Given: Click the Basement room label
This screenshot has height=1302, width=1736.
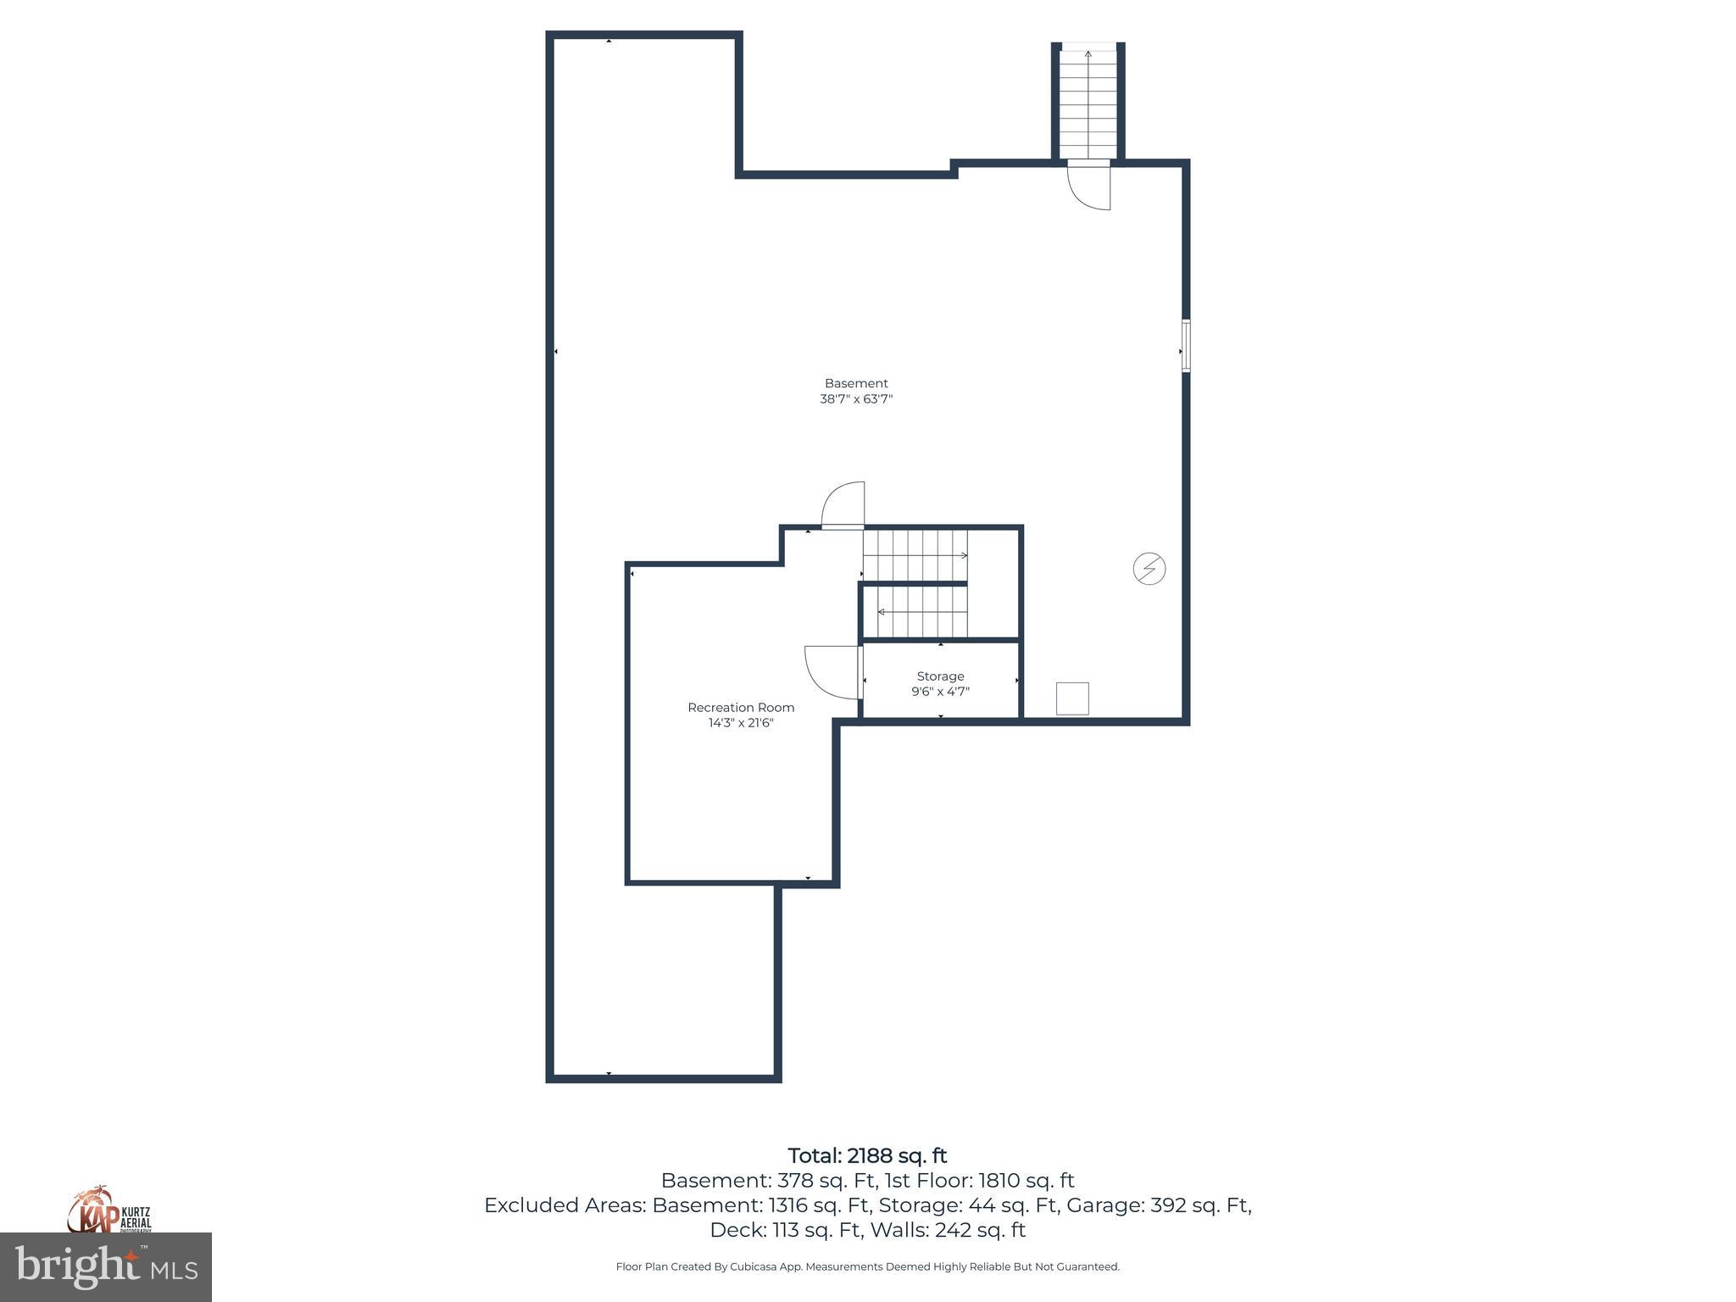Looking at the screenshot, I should coord(856,383).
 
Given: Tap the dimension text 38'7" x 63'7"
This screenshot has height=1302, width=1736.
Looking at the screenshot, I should coord(856,399).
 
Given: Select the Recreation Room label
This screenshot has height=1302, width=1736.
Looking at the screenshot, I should coord(741,707).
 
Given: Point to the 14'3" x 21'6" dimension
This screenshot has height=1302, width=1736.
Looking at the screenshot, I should coord(741,723).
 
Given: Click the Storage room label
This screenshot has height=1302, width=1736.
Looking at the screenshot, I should coord(940,676).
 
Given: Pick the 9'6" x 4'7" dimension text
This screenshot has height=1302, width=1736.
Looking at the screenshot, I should coord(940,692).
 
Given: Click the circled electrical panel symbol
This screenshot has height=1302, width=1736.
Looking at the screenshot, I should coord(1149,568).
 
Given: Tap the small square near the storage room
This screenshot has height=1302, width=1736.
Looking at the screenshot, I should coord(1072,698).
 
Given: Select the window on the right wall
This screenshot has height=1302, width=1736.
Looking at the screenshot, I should coord(1186,346).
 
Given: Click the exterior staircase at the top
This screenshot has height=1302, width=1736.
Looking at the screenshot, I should coord(1088,102).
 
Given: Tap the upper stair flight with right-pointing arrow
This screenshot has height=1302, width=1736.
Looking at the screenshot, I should coord(915,555).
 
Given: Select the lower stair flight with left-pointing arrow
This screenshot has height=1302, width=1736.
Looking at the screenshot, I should coord(915,612).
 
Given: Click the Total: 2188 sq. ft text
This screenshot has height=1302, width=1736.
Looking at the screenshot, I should coord(867,1156).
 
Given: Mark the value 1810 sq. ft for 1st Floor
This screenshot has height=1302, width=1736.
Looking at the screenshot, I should coord(1026,1181).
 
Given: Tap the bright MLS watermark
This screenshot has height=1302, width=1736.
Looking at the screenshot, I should coord(106,1266).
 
